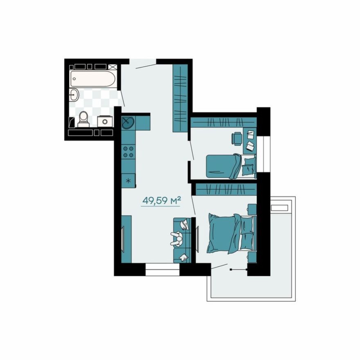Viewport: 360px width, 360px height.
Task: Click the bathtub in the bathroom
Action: [93, 79]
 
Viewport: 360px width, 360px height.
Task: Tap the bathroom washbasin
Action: [74, 95]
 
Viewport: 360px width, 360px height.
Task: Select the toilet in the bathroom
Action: [83, 118]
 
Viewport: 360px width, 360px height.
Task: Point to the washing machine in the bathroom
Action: [105, 121]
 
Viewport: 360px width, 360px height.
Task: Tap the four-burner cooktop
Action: [128, 152]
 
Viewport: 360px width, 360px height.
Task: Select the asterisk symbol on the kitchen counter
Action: [128, 180]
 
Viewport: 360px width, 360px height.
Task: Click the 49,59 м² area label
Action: [161, 200]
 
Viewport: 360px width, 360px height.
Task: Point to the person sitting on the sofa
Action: [177, 239]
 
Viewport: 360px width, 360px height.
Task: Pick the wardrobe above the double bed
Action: [226, 189]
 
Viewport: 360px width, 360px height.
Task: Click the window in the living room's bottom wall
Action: [162, 270]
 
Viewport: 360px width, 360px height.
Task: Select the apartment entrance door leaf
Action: [146, 65]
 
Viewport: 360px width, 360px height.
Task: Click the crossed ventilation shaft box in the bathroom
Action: [113, 66]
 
